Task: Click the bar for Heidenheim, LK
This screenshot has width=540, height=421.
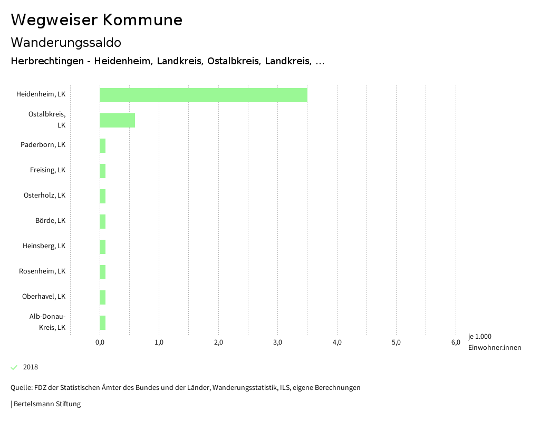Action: click(203, 95)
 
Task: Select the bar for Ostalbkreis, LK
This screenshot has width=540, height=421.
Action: click(117, 120)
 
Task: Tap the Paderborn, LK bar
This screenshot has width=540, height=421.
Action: click(102, 146)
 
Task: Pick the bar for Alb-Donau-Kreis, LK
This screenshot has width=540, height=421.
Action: click(102, 322)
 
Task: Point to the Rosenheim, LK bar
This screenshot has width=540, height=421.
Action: click(102, 272)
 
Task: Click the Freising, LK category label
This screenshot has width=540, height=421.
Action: click(47, 170)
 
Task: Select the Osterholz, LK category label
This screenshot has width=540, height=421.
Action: click(44, 195)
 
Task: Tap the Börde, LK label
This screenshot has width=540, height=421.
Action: click(50, 221)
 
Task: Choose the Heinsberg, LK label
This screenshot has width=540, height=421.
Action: click(44, 246)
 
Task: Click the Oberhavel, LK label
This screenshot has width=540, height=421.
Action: click(44, 297)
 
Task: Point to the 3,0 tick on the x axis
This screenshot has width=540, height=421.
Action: click(277, 342)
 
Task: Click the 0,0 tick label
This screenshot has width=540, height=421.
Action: click(100, 342)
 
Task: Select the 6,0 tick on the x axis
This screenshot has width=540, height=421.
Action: click(456, 342)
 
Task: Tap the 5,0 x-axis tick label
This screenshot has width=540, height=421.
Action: click(396, 342)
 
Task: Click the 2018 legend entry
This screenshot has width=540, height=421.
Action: click(30, 367)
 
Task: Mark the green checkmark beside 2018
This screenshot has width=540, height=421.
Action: click(14, 367)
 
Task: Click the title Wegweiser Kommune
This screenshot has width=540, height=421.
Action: click(97, 20)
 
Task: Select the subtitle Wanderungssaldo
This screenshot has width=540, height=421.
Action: click(66, 42)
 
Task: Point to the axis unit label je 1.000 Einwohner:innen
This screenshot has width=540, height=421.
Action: click(494, 342)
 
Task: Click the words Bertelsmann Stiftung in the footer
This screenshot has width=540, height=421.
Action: click(47, 404)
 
